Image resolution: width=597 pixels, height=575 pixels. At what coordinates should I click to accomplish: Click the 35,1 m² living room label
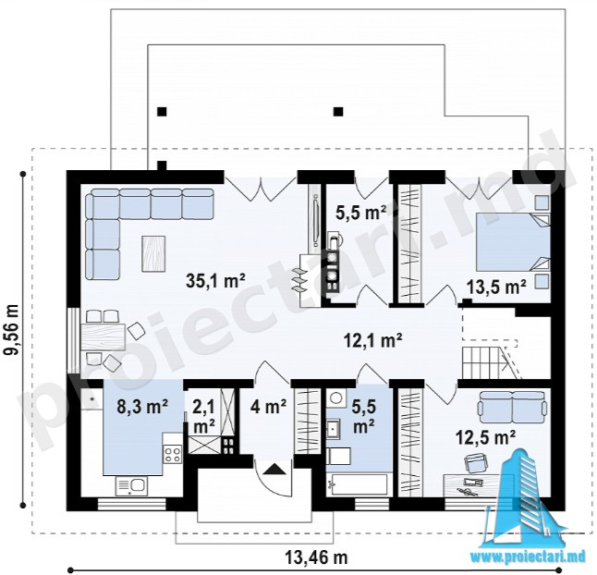click(215, 281)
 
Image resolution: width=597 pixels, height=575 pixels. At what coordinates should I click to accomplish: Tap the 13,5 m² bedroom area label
click(496, 287)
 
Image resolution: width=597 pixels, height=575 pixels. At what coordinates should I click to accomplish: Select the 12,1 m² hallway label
click(372, 339)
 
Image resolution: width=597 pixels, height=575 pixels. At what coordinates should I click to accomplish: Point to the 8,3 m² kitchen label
click(142, 407)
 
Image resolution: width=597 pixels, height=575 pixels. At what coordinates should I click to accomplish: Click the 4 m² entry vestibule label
click(268, 408)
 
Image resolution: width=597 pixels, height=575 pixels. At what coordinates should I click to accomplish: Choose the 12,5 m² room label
click(486, 437)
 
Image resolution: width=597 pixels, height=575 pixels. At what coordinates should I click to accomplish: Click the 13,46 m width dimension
click(316, 558)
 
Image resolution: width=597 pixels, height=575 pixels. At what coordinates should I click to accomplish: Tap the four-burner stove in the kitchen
click(173, 454)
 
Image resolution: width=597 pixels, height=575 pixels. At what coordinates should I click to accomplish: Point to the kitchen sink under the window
click(131, 486)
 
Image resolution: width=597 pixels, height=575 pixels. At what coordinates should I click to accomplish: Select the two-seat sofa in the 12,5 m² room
click(512, 407)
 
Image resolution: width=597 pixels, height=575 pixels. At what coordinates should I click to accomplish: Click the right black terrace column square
click(338, 112)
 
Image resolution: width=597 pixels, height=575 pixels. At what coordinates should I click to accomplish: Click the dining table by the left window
click(103, 336)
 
